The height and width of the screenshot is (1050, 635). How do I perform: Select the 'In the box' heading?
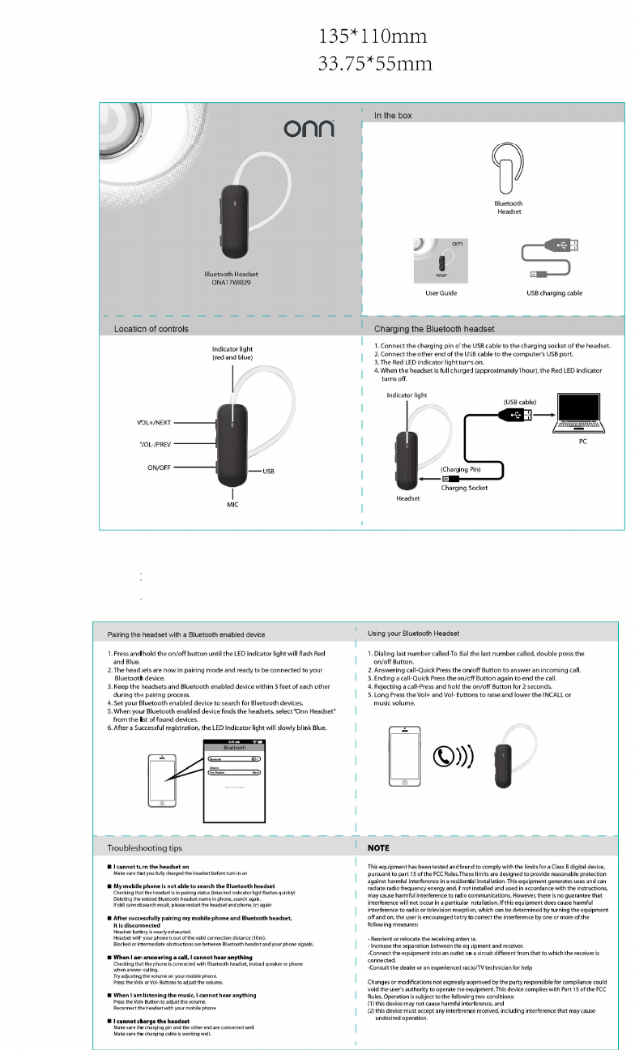[x=393, y=116]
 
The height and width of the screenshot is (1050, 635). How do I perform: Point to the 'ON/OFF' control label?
[x=163, y=467]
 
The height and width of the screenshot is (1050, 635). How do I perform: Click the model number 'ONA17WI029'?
[x=231, y=282]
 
